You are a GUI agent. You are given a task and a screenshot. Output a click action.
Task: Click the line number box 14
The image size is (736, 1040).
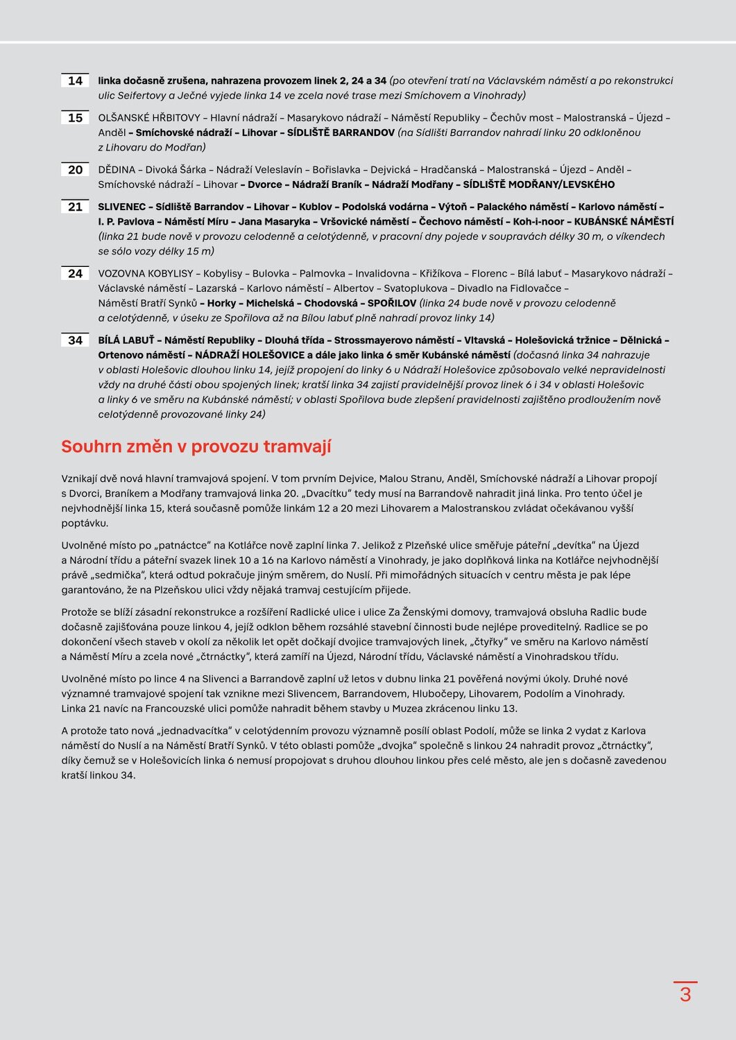coord(75,81)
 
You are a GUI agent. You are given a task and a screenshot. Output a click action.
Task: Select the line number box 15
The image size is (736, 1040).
coord(75,118)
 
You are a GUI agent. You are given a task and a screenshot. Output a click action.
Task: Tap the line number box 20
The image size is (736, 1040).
coord(75,170)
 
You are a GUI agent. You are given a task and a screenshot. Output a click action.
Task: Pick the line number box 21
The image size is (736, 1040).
coord(75,207)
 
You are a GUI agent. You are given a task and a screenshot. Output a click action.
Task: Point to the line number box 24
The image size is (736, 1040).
coord(75,274)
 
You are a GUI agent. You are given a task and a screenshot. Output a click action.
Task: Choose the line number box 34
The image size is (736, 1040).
coord(75,340)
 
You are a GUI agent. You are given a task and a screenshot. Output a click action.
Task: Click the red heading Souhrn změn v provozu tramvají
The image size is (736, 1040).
coord(196,447)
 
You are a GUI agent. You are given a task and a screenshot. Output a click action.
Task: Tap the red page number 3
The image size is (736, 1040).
coord(685,994)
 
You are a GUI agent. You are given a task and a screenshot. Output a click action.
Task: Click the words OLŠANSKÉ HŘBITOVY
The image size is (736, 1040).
coord(149,118)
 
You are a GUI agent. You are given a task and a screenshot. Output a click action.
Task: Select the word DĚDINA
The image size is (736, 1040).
coord(117,170)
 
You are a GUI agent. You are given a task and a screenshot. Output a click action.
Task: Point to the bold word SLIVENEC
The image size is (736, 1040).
coord(121,207)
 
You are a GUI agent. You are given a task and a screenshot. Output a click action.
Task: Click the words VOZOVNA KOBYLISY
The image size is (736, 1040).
coord(146,274)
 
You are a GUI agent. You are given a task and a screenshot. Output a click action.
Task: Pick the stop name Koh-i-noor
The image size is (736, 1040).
coord(538,222)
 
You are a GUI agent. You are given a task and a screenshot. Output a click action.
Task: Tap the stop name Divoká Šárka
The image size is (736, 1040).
coord(176,170)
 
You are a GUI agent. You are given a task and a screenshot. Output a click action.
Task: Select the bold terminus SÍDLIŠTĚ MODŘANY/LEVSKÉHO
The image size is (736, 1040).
coord(538,184)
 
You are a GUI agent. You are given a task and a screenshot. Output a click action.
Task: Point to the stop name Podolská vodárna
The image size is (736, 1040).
coord(385,207)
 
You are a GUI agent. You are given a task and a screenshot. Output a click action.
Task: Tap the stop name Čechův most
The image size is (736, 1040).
coord(522,118)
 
